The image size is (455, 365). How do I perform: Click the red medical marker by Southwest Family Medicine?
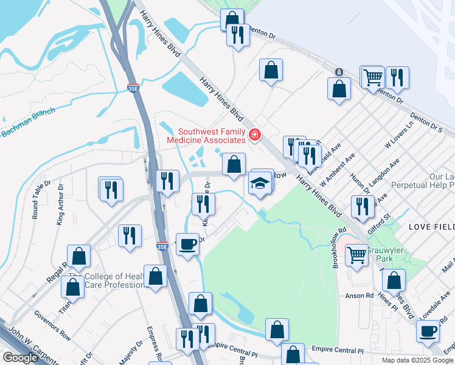[255, 135]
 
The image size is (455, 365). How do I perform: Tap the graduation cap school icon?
[260, 183]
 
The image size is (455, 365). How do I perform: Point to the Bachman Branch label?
[28, 122]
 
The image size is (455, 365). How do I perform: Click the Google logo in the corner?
[20, 358]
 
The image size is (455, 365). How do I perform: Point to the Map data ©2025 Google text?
[417, 360]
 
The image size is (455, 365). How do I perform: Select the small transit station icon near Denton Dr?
[338, 72]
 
